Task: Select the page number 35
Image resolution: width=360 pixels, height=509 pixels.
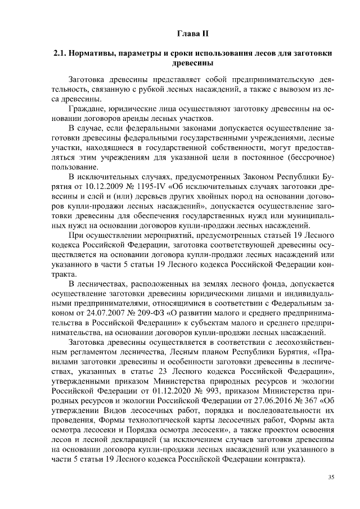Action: pos(331,477)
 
